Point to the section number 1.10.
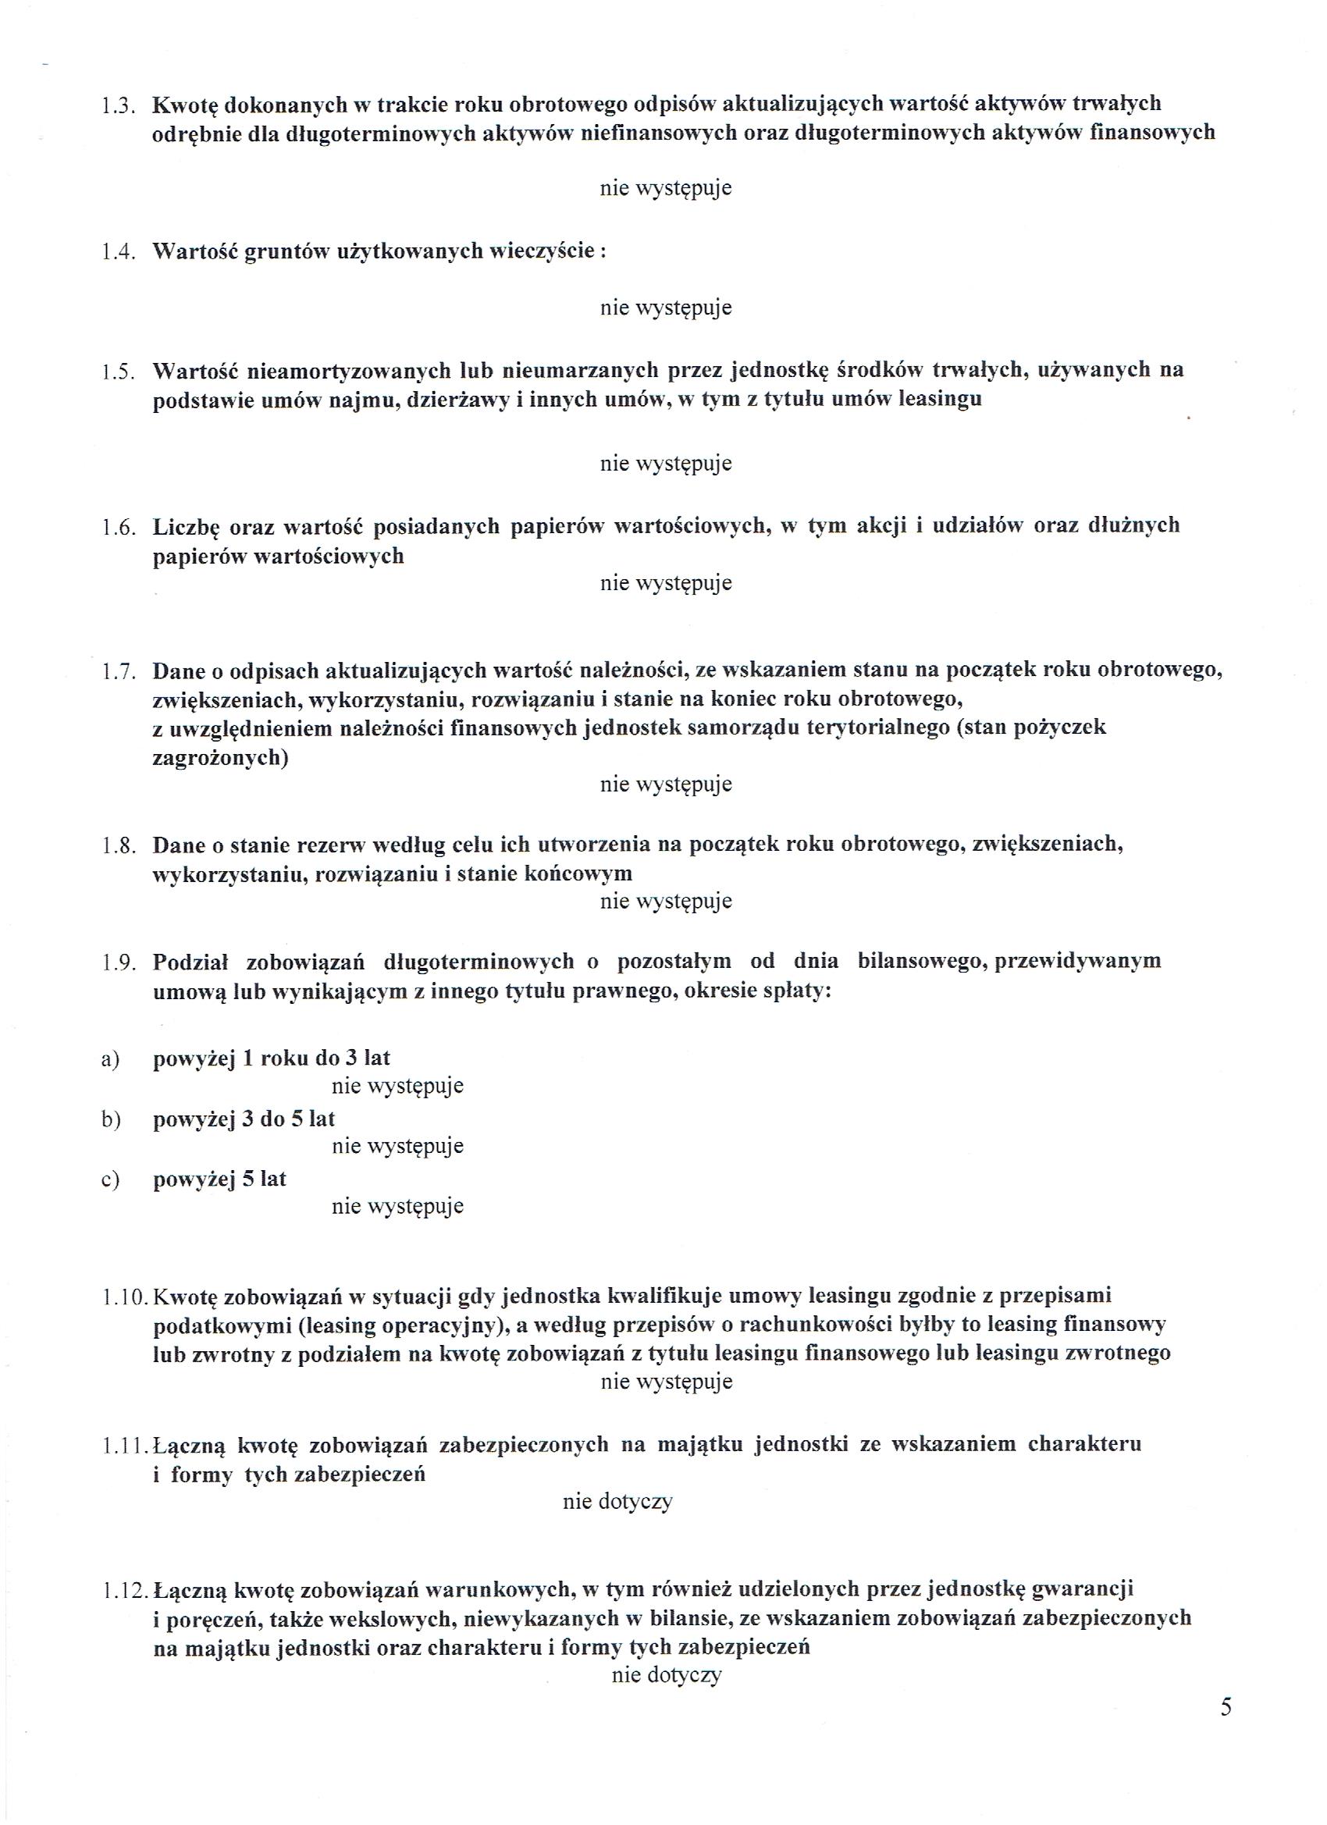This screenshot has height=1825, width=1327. tap(126, 1297)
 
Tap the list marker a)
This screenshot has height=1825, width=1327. tap(110, 1060)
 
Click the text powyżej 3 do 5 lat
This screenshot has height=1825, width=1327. tap(244, 1119)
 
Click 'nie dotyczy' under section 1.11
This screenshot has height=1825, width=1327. tap(617, 1502)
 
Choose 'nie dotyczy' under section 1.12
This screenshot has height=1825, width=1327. tap(667, 1674)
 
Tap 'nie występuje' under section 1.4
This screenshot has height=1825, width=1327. tap(666, 308)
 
